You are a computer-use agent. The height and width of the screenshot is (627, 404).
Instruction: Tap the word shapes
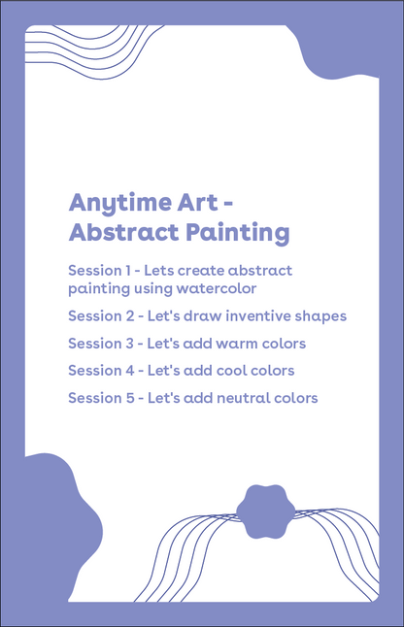320,316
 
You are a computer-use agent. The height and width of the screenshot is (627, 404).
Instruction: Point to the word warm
238,343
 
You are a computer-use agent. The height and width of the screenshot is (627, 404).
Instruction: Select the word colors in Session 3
284,343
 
